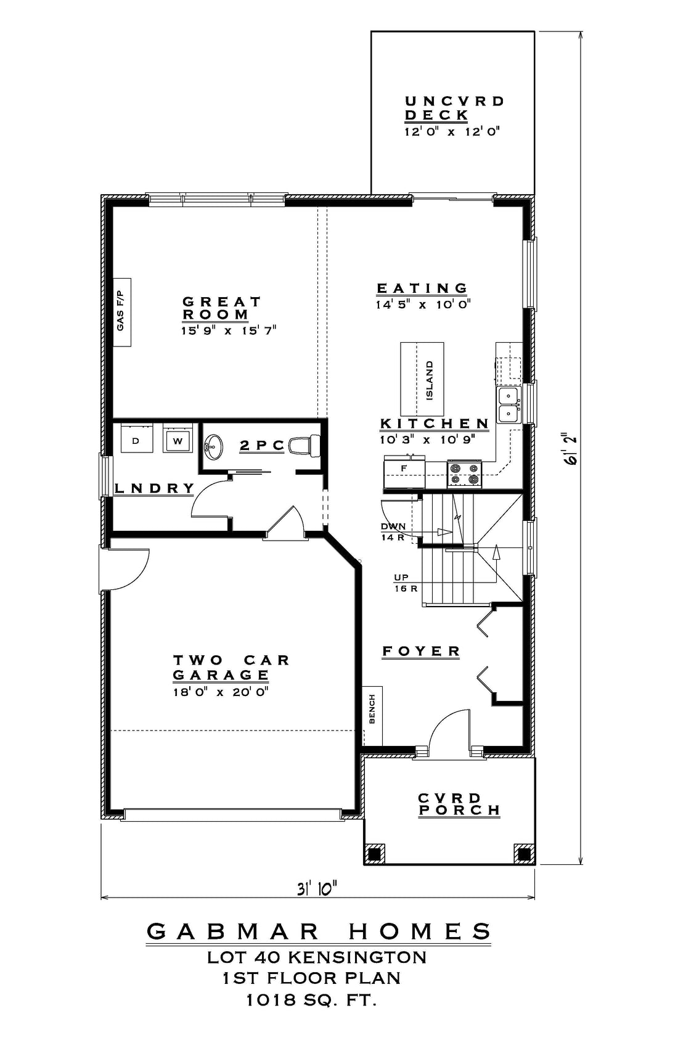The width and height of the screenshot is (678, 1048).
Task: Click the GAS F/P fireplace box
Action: click(122, 312)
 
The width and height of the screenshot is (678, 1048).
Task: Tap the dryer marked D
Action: click(137, 438)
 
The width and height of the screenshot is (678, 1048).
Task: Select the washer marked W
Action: click(178, 438)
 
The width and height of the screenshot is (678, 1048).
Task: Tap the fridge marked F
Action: click(404, 473)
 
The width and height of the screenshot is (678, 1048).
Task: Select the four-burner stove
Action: click(465, 473)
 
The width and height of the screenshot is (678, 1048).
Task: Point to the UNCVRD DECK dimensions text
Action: click(452, 131)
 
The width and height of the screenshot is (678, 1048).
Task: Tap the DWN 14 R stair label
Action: click(393, 531)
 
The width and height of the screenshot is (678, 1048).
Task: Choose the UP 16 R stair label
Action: click(405, 583)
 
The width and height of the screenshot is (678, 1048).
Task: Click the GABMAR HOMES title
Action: click(319, 931)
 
